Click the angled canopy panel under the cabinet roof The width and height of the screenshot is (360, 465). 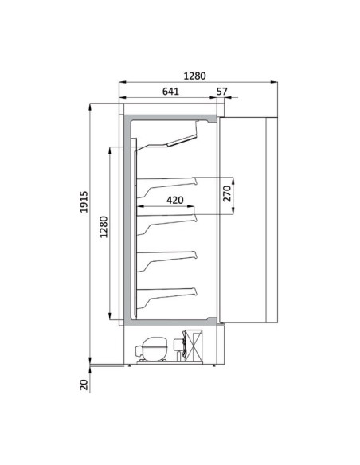pyautogui.click(x=172, y=139)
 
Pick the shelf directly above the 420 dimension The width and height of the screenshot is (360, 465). pyautogui.click(x=168, y=180)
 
